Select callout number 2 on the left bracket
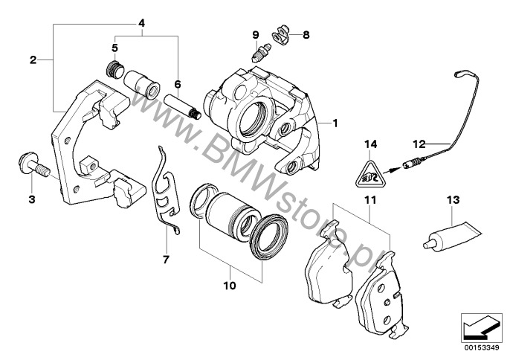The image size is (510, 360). point(33,59)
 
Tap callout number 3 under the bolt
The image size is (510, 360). point(32,199)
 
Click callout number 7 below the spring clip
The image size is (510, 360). point(166,260)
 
